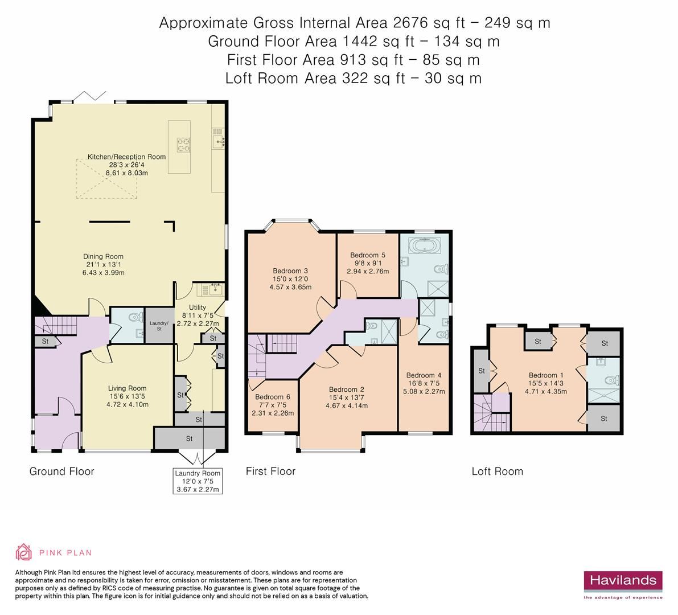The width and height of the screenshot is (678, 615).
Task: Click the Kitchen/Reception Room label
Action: (126, 157)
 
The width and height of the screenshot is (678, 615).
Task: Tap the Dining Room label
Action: (104, 256)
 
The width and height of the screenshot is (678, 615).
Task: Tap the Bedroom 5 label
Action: (368, 255)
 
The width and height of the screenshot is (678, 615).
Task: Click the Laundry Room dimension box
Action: (198, 481)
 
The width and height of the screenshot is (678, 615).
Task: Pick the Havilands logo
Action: (622, 581)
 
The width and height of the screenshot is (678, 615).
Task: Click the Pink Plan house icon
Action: (24, 552)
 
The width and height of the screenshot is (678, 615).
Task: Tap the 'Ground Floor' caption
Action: (61, 471)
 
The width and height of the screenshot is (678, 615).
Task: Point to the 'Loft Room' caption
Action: (497, 471)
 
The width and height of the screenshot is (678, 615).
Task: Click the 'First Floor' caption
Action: (270, 471)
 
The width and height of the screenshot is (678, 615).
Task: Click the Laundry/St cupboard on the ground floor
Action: (155, 326)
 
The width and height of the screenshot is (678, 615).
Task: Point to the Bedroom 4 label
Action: (424, 375)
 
